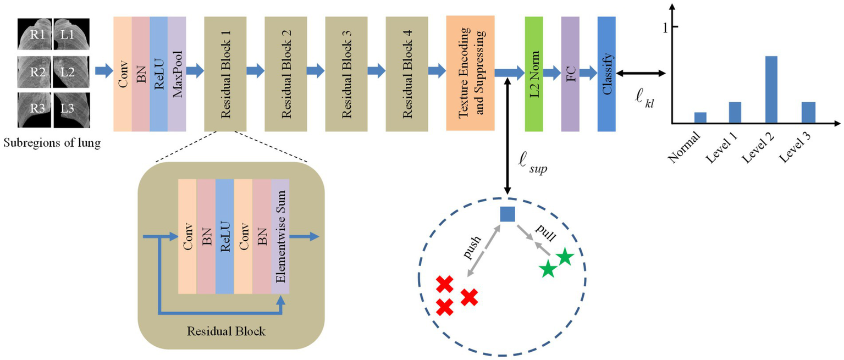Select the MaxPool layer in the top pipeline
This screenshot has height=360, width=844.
pyautogui.click(x=177, y=74)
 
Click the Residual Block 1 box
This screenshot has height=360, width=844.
pyautogui.click(x=225, y=74)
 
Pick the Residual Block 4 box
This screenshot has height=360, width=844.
pyautogui.click(x=406, y=74)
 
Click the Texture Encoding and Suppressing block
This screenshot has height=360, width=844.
pyautogui.click(x=471, y=73)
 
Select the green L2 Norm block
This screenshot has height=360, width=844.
pyautogui.click(x=534, y=74)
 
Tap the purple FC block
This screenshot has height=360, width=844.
pyautogui.click(x=570, y=74)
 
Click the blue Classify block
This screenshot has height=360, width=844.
pyautogui.click(x=606, y=74)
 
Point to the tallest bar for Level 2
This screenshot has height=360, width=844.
pyautogui.click(x=771, y=89)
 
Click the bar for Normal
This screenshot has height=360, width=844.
pyautogui.click(x=700, y=117)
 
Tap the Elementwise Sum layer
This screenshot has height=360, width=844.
pyautogui.click(x=280, y=237)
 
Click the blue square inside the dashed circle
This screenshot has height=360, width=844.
pyautogui.click(x=507, y=214)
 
